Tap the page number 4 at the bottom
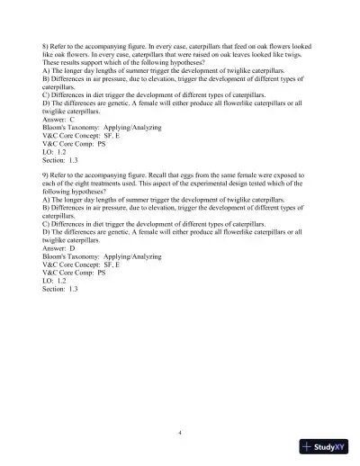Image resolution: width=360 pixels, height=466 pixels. tap(180, 433)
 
